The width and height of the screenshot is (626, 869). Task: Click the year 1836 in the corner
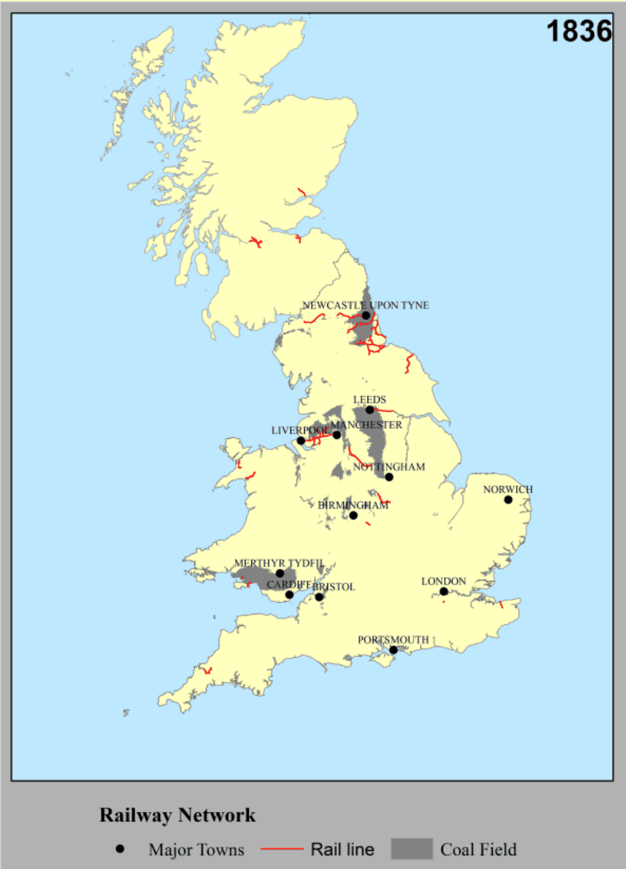(579, 31)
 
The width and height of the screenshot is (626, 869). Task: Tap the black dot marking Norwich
(508, 500)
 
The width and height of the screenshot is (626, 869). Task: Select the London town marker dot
(444, 592)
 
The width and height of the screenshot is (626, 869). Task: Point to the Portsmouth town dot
(393, 650)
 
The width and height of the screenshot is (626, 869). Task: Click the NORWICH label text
(508, 489)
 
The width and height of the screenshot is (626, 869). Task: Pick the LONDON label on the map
(444, 581)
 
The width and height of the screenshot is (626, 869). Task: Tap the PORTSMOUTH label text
(393, 639)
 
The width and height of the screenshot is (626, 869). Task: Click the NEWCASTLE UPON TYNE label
(366, 305)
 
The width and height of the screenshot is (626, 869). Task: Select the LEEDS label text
(370, 399)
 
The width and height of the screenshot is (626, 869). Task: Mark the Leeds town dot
(370, 410)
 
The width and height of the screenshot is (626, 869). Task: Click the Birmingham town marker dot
(353, 516)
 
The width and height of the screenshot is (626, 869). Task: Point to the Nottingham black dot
(389, 477)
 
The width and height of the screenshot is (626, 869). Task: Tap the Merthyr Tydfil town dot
(280, 573)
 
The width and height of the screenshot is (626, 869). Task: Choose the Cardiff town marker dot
(289, 595)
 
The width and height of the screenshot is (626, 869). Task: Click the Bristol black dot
(319, 597)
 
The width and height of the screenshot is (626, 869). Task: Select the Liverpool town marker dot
(301, 441)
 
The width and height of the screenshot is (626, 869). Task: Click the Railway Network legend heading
(177, 815)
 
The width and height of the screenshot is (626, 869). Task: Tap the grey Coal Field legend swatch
(412, 849)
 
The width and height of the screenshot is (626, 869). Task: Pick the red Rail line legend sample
(282, 849)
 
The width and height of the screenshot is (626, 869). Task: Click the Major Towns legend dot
(120, 849)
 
